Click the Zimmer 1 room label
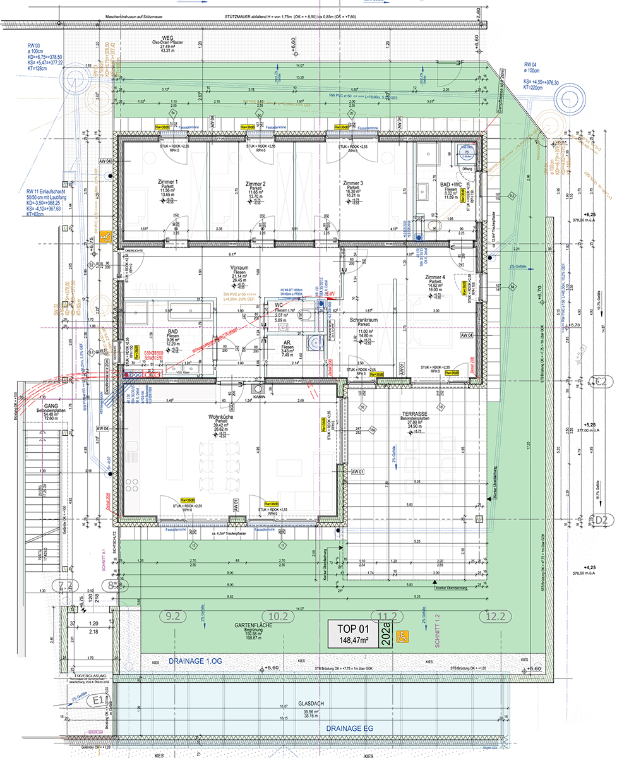167,182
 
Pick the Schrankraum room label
363,320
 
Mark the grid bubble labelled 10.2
279,615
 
